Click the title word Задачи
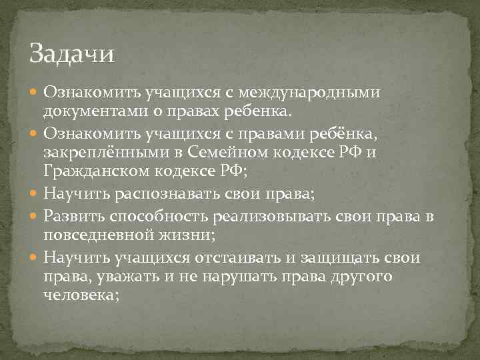(73, 53)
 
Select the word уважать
(129, 275)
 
